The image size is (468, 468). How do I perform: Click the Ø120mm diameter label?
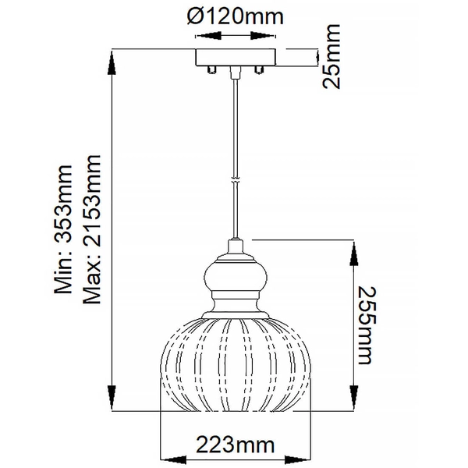pos(234,16)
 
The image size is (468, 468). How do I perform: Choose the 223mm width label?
pos(234,447)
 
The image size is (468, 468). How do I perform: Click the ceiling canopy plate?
pos(234,58)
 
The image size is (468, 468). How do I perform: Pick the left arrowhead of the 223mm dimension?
pos(165,460)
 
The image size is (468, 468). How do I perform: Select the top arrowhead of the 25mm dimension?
pos(315,54)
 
